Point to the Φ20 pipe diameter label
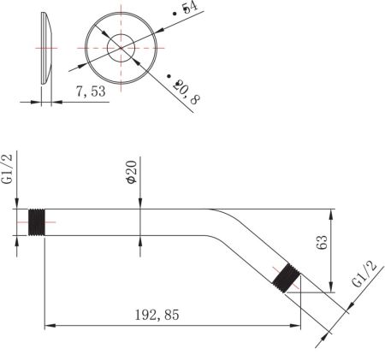tap(131, 174)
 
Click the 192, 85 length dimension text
tap(157, 314)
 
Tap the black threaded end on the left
tap(37, 222)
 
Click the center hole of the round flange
tap(120, 48)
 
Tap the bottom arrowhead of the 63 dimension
tap(331, 284)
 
